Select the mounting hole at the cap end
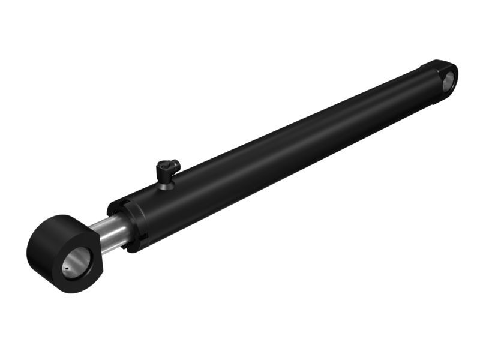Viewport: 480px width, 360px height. [x=448, y=80]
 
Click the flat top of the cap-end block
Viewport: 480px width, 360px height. [x=436, y=64]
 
